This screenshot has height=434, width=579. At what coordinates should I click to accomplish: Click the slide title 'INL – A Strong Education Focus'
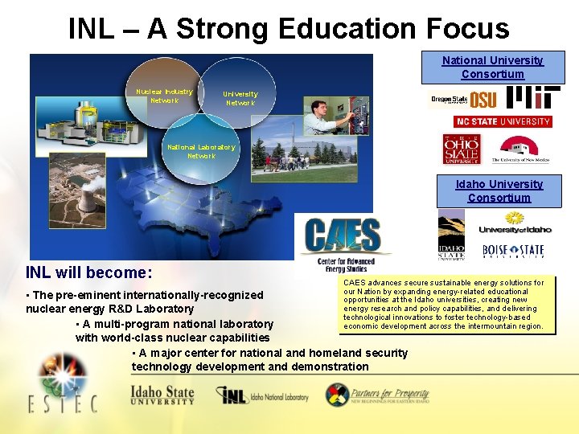coord(289,29)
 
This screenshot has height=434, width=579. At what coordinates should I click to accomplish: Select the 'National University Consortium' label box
coord(492,68)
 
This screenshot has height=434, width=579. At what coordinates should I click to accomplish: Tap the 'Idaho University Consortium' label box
coord(499,191)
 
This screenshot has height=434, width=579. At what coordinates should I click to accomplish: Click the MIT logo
coord(533,98)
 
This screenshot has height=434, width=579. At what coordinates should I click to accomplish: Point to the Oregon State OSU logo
coord(462,100)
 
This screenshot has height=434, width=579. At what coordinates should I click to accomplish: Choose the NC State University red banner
coord(503,121)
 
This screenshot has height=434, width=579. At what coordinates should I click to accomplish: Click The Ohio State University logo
coord(462,149)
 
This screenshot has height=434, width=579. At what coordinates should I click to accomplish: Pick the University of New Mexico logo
coord(519,149)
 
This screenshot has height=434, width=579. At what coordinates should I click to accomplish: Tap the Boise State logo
coord(513,252)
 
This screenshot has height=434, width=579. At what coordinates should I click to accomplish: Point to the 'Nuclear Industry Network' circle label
coord(164,96)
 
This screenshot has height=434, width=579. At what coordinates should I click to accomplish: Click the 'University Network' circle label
coord(240,98)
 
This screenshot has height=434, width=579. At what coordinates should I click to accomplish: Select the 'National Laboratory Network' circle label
coord(201,151)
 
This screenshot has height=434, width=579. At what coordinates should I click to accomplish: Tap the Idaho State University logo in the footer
coord(162,395)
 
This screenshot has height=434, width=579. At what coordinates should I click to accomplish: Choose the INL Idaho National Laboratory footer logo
coord(262,395)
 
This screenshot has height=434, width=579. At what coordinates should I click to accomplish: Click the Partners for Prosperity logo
coord(377,395)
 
